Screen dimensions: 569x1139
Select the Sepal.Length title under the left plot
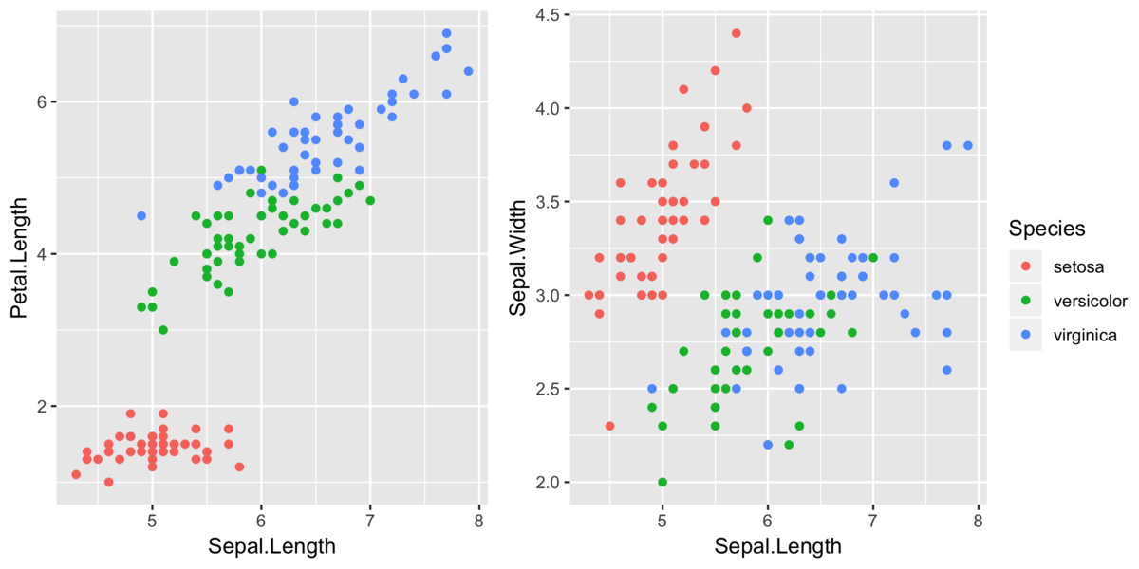[x=271, y=547]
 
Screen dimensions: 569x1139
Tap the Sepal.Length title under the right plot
[x=777, y=547]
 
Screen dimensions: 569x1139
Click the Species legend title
[x=1047, y=229]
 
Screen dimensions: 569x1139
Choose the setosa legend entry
[x=1077, y=266]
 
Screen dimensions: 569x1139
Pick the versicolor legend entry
[x=1090, y=301]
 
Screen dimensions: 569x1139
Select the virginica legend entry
[x=1084, y=335]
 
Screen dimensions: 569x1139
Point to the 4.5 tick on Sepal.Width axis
[x=548, y=15]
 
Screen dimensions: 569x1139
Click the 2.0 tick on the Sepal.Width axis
[x=548, y=483]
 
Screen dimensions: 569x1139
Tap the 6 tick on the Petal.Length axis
[x=42, y=102]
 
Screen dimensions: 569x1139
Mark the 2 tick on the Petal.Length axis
[x=42, y=407]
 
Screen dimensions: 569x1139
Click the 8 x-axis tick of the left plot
[x=478, y=522]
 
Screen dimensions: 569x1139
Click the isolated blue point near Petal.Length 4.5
[x=141, y=216]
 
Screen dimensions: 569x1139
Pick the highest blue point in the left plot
[x=446, y=33]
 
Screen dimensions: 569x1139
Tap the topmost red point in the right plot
[x=736, y=33]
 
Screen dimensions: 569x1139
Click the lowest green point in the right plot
[x=663, y=482]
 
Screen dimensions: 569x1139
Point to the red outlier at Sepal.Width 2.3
[x=609, y=426]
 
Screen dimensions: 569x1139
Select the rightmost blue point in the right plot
[x=967, y=145]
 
